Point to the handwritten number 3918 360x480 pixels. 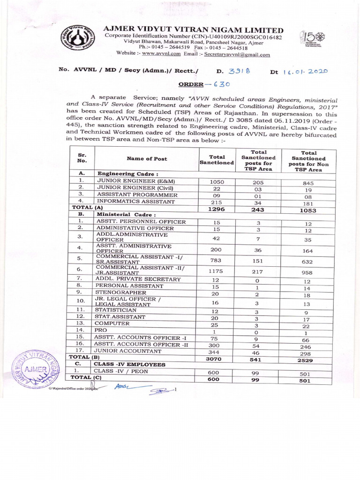click(x=240, y=71)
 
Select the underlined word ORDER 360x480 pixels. click(x=191, y=84)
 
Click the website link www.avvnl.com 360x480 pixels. click(x=161, y=54)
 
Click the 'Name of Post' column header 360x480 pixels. click(x=147, y=159)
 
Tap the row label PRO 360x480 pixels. click(x=101, y=330)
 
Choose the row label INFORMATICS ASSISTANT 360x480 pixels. click(x=129, y=202)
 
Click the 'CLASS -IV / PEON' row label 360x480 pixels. click(x=121, y=371)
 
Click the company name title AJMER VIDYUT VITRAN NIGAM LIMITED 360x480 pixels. click(x=193, y=30)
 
